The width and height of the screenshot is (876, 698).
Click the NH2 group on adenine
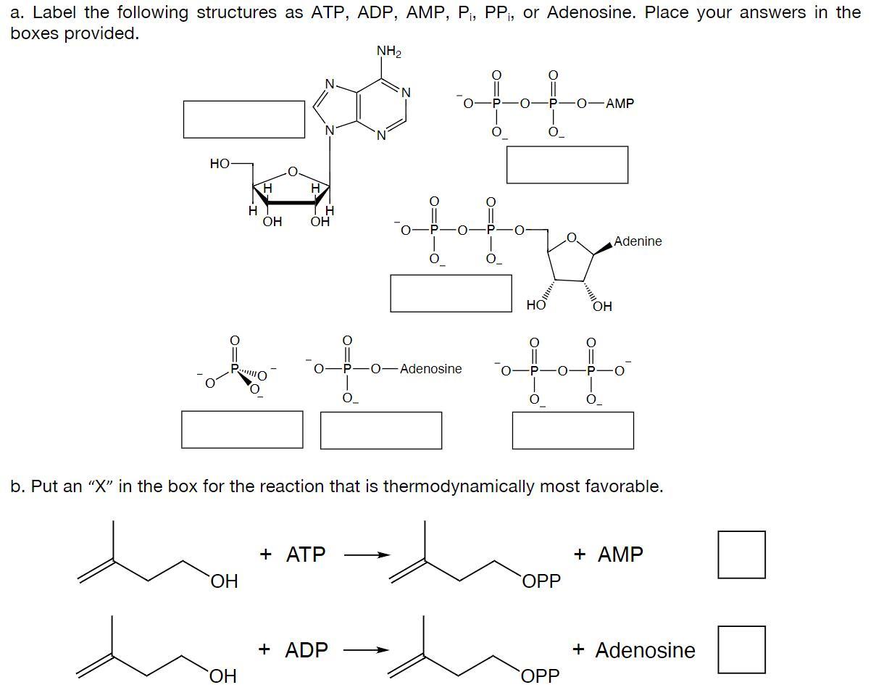tap(389, 51)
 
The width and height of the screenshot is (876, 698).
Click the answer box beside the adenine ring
tap(243, 119)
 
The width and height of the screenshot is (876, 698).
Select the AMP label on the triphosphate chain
tap(620, 104)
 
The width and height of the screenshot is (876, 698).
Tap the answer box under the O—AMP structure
tap(567, 165)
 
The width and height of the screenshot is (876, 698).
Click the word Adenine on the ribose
tap(638, 241)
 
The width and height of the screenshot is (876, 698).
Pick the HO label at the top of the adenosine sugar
tap(220, 164)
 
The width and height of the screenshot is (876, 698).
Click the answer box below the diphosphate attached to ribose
tap(451, 293)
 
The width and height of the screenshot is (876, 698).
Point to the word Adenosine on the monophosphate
tap(430, 369)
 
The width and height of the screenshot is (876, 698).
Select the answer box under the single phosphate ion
tap(242, 430)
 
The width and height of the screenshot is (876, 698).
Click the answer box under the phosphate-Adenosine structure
tap(381, 431)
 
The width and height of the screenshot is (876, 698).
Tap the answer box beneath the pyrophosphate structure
tap(572, 431)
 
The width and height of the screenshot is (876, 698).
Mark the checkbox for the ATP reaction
tap(741, 554)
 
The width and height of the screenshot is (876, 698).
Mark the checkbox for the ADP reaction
tap(741, 649)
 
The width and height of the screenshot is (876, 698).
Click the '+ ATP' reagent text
tap(293, 554)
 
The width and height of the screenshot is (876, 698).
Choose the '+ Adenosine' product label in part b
tap(634, 650)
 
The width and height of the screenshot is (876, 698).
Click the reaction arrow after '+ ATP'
tap(367, 556)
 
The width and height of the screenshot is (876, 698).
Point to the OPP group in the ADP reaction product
tap(541, 676)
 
